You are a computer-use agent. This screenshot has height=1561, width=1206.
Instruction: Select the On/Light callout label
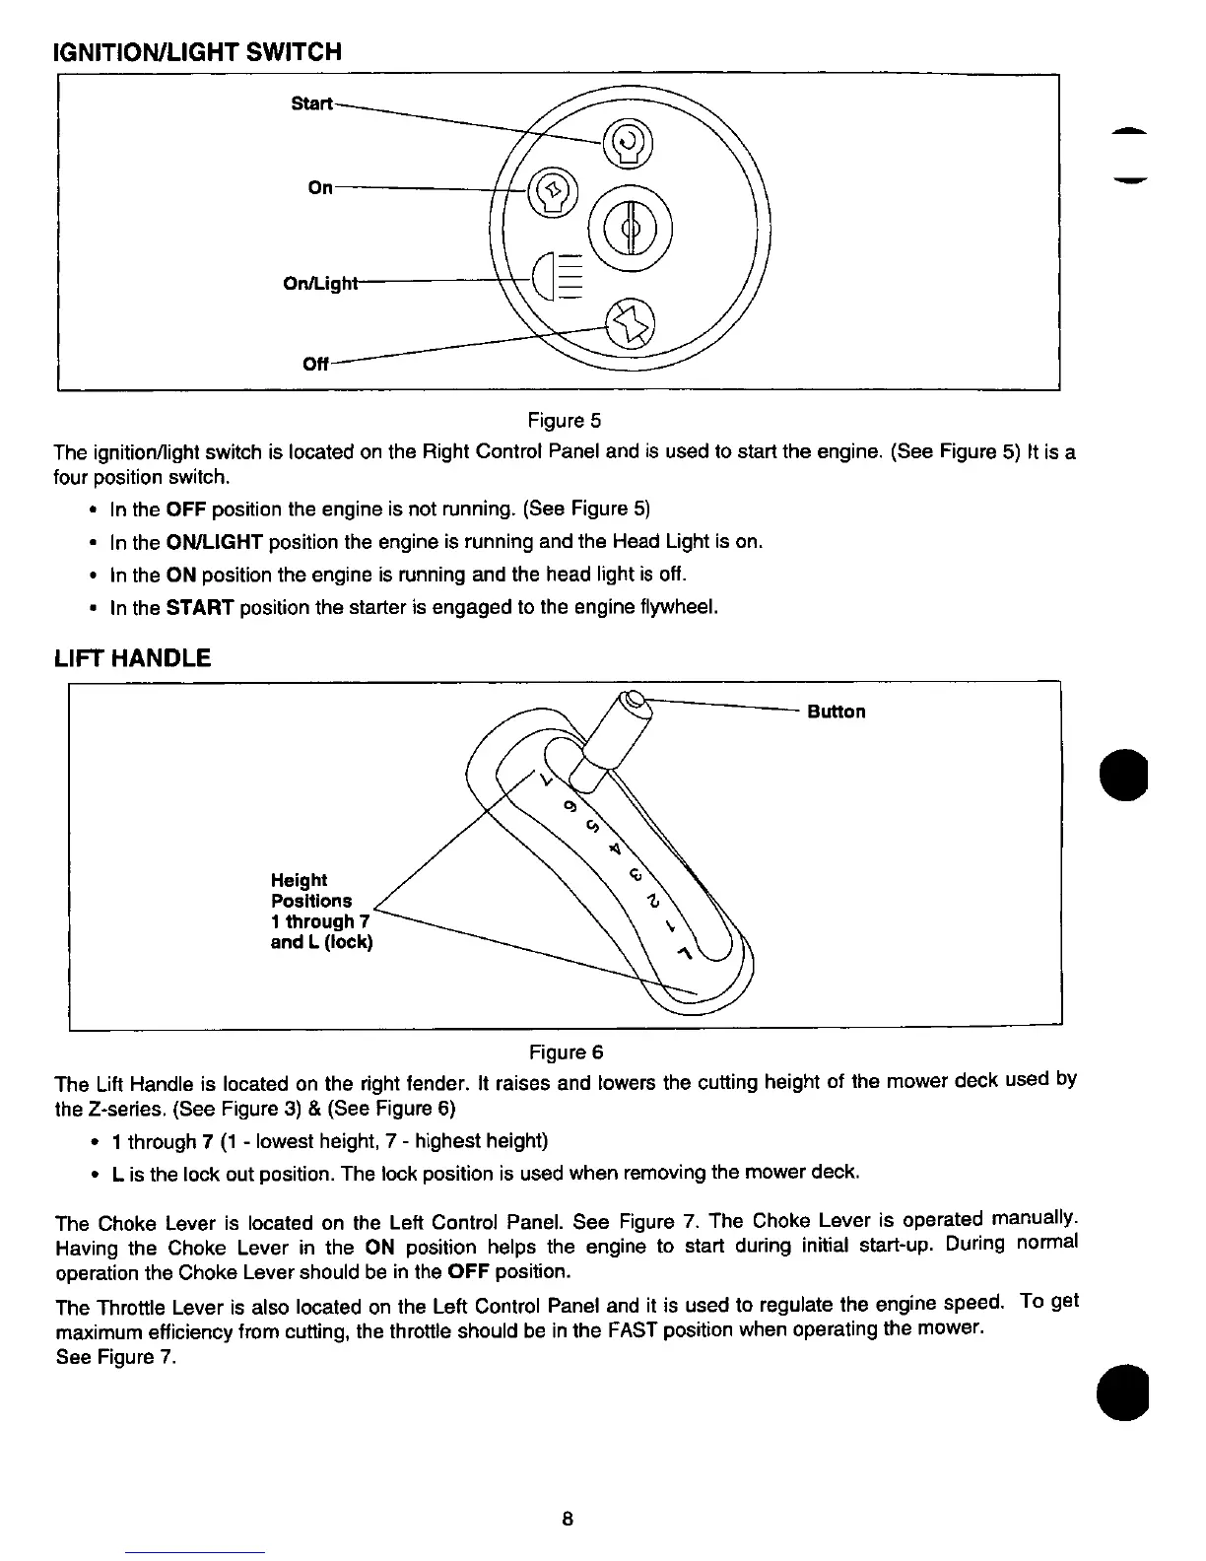click(318, 284)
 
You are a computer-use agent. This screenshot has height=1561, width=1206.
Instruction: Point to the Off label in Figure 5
click(315, 363)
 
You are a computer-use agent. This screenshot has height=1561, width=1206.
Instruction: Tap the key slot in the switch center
click(632, 229)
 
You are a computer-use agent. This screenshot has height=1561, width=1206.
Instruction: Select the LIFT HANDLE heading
click(132, 657)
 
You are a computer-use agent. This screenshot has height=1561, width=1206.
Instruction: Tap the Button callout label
click(836, 712)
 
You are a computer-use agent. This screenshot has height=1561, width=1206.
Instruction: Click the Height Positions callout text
click(321, 911)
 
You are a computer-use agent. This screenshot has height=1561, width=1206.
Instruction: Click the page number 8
click(567, 1518)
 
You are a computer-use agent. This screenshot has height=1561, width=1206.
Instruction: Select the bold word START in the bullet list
click(199, 607)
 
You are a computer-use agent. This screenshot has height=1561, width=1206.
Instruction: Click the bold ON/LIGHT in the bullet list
click(213, 541)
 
